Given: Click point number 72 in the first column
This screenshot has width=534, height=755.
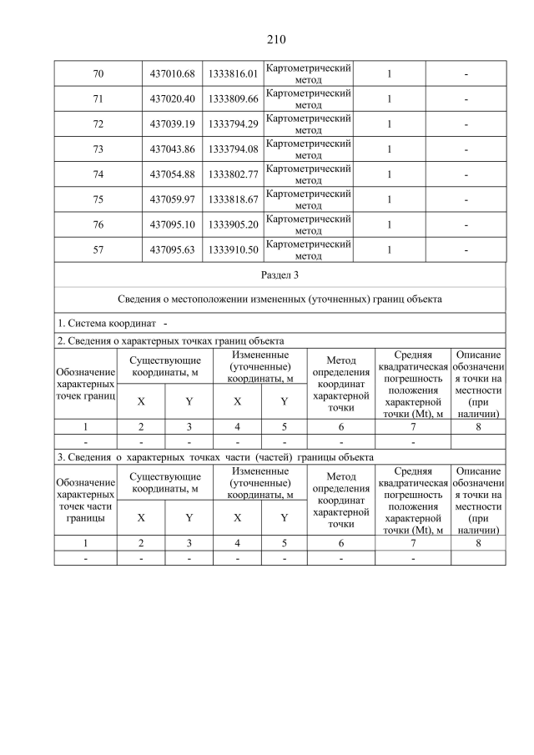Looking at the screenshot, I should [x=98, y=125].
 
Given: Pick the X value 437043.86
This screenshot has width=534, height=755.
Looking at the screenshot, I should [x=172, y=150].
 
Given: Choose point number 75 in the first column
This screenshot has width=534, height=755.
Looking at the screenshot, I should [x=98, y=199].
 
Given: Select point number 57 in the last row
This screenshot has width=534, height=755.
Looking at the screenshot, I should [x=98, y=249].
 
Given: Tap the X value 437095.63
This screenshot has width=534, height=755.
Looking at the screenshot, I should [x=172, y=249].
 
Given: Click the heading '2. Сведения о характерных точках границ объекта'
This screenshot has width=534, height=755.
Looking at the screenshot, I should [x=170, y=340].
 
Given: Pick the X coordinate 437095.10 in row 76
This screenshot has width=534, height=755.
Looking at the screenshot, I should [x=172, y=224].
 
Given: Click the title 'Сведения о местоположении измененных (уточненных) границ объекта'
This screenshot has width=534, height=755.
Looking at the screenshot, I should [x=280, y=299].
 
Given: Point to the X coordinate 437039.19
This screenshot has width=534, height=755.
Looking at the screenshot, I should [x=172, y=125].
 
